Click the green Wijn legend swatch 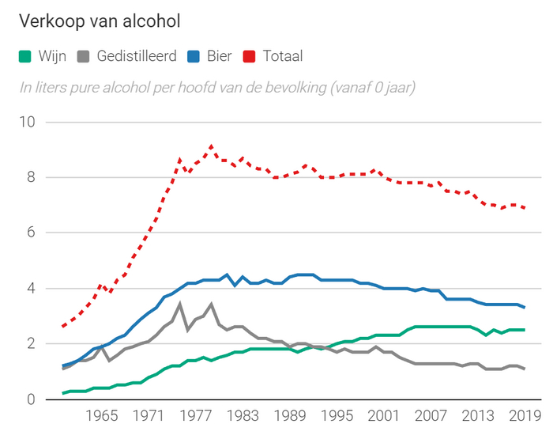click(25, 56)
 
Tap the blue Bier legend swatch click(193, 56)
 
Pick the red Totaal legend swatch click(249, 56)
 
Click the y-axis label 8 click(31, 177)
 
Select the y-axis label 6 click(31, 233)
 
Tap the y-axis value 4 click(31, 288)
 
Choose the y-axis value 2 click(31, 344)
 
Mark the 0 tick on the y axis click(31, 399)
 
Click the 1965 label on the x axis click(102, 417)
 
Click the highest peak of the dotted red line click(212, 146)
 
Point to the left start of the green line click(63, 393)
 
